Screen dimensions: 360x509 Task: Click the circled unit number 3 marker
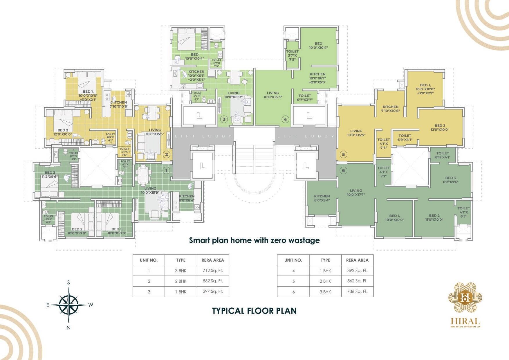(x=224, y=119)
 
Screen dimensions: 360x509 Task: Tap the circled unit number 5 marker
(x=344, y=154)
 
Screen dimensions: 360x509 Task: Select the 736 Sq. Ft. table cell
(x=357, y=291)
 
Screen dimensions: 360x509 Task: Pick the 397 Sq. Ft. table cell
(x=213, y=291)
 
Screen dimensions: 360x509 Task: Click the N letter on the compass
(x=68, y=328)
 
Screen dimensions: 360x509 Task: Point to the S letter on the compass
(x=68, y=282)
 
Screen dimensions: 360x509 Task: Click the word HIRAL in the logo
(x=465, y=321)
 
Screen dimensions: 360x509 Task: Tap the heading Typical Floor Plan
(x=254, y=311)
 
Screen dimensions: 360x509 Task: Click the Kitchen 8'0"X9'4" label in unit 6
(x=322, y=198)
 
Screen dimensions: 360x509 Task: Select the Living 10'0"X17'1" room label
(x=356, y=192)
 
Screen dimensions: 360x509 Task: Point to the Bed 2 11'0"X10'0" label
(x=434, y=217)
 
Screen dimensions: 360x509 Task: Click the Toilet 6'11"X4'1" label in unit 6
(x=443, y=155)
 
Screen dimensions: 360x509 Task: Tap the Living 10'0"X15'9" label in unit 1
(x=150, y=190)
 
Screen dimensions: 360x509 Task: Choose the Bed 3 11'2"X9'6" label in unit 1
(x=50, y=174)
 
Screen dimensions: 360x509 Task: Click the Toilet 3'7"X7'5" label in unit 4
(x=292, y=55)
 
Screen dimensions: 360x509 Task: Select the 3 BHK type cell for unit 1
(x=181, y=271)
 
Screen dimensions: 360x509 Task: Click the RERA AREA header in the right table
(x=357, y=260)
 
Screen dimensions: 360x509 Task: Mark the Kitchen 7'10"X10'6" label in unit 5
(x=391, y=109)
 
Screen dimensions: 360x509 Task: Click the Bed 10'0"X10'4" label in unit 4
(x=318, y=46)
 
